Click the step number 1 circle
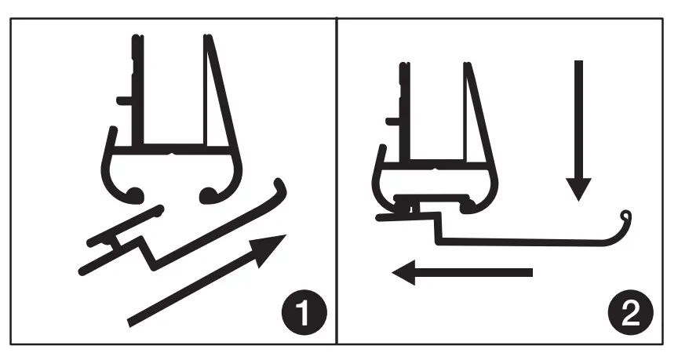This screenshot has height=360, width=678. pos(303,315)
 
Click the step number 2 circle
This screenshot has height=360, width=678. pos(629,315)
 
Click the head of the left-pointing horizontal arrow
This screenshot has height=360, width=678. pos(406,273)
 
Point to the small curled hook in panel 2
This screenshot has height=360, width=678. pos(625,216)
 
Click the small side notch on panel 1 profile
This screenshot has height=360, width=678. pos(122,100)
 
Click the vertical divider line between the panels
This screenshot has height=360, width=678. pos(337,180)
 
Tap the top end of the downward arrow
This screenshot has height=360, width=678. pos(578,63)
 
